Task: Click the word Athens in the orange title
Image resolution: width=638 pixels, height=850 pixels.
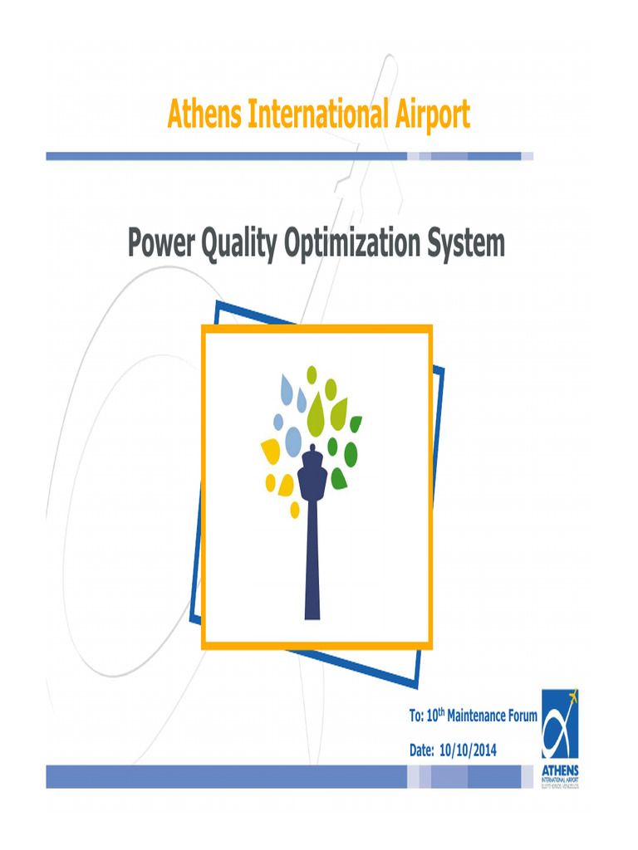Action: (x=200, y=115)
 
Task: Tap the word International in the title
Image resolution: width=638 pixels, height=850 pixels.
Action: (x=312, y=115)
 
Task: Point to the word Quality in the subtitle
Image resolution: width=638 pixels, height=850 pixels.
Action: (x=241, y=244)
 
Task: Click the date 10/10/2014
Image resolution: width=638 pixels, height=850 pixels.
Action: (x=468, y=750)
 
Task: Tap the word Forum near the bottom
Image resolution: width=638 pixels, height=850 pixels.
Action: (x=517, y=716)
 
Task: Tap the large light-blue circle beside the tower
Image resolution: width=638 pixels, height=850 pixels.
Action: (x=293, y=442)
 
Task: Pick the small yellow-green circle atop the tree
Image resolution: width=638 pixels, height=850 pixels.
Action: (x=312, y=375)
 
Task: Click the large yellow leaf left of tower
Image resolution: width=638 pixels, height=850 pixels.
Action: (x=271, y=452)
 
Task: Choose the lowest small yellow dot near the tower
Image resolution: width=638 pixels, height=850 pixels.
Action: (x=295, y=510)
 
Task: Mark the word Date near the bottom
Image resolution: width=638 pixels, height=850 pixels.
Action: (x=422, y=750)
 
